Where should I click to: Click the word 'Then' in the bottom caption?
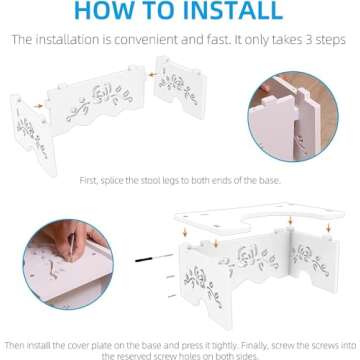click(x=15, y=343)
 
